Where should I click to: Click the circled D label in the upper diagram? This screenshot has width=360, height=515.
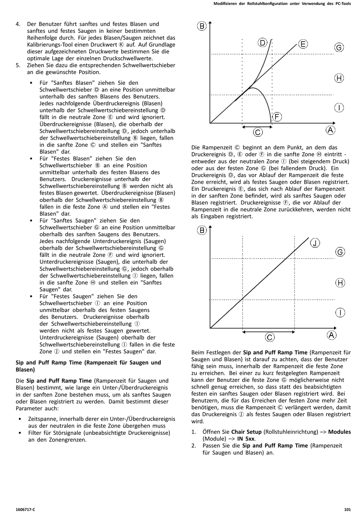click(263, 42)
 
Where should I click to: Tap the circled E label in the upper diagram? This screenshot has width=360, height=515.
click(303, 44)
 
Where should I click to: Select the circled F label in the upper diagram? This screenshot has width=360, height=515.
click(277, 117)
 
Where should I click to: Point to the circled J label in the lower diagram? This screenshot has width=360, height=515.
click(315, 243)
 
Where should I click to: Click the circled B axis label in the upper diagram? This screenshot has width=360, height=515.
click(202, 26)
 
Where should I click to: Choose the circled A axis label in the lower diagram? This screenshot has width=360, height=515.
click(331, 335)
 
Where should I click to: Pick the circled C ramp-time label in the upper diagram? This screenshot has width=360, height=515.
click(258, 132)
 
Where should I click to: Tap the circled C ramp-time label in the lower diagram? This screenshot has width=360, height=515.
click(269, 337)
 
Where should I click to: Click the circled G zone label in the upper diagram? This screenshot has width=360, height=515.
click(339, 47)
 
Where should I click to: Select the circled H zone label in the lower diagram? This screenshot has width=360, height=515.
click(340, 282)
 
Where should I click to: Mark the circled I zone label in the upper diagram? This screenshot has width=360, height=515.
click(339, 108)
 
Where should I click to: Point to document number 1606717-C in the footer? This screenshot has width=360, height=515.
click(25, 509)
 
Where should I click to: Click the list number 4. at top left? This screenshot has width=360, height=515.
click(18, 24)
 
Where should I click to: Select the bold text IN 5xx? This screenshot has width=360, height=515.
click(246, 439)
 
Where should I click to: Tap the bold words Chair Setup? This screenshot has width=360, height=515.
click(246, 432)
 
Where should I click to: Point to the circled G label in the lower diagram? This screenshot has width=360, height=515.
click(340, 252)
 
